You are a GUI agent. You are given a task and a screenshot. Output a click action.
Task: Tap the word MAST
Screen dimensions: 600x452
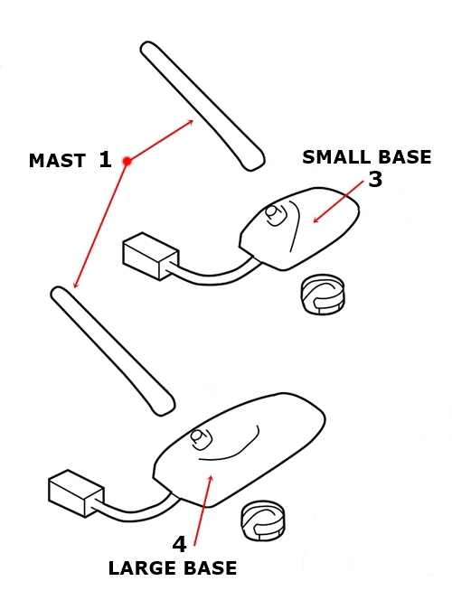point(56,162)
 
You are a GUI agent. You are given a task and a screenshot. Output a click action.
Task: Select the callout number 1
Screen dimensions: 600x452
point(105,161)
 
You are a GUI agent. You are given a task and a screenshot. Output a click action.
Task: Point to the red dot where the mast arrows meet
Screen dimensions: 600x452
point(127,161)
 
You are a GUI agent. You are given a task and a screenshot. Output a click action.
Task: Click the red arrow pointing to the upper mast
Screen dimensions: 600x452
point(161,140)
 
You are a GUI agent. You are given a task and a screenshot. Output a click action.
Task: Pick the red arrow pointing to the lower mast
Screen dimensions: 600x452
point(100,225)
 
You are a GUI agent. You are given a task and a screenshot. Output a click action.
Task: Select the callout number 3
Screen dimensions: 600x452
point(374,180)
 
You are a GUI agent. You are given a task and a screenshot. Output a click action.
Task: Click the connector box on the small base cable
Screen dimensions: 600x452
point(146,256)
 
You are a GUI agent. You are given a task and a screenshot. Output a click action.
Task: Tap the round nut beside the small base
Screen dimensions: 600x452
point(323,294)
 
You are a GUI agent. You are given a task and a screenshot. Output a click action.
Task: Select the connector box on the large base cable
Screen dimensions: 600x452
point(75,493)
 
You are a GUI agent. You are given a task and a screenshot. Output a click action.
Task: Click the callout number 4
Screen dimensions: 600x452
point(179,544)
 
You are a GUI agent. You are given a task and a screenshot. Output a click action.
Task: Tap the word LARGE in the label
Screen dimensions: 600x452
point(137,568)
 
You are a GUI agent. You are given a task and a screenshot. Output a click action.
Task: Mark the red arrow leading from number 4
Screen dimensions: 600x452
point(202,510)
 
